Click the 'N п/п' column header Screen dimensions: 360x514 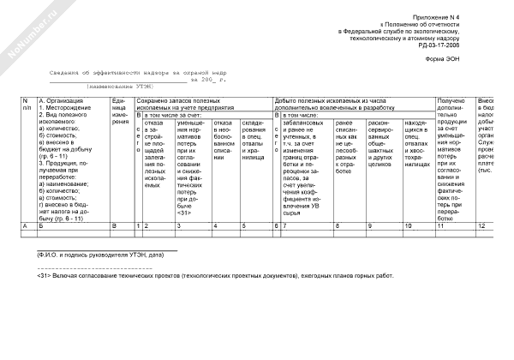tap(27, 105)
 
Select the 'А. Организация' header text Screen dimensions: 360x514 tap(58, 101)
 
